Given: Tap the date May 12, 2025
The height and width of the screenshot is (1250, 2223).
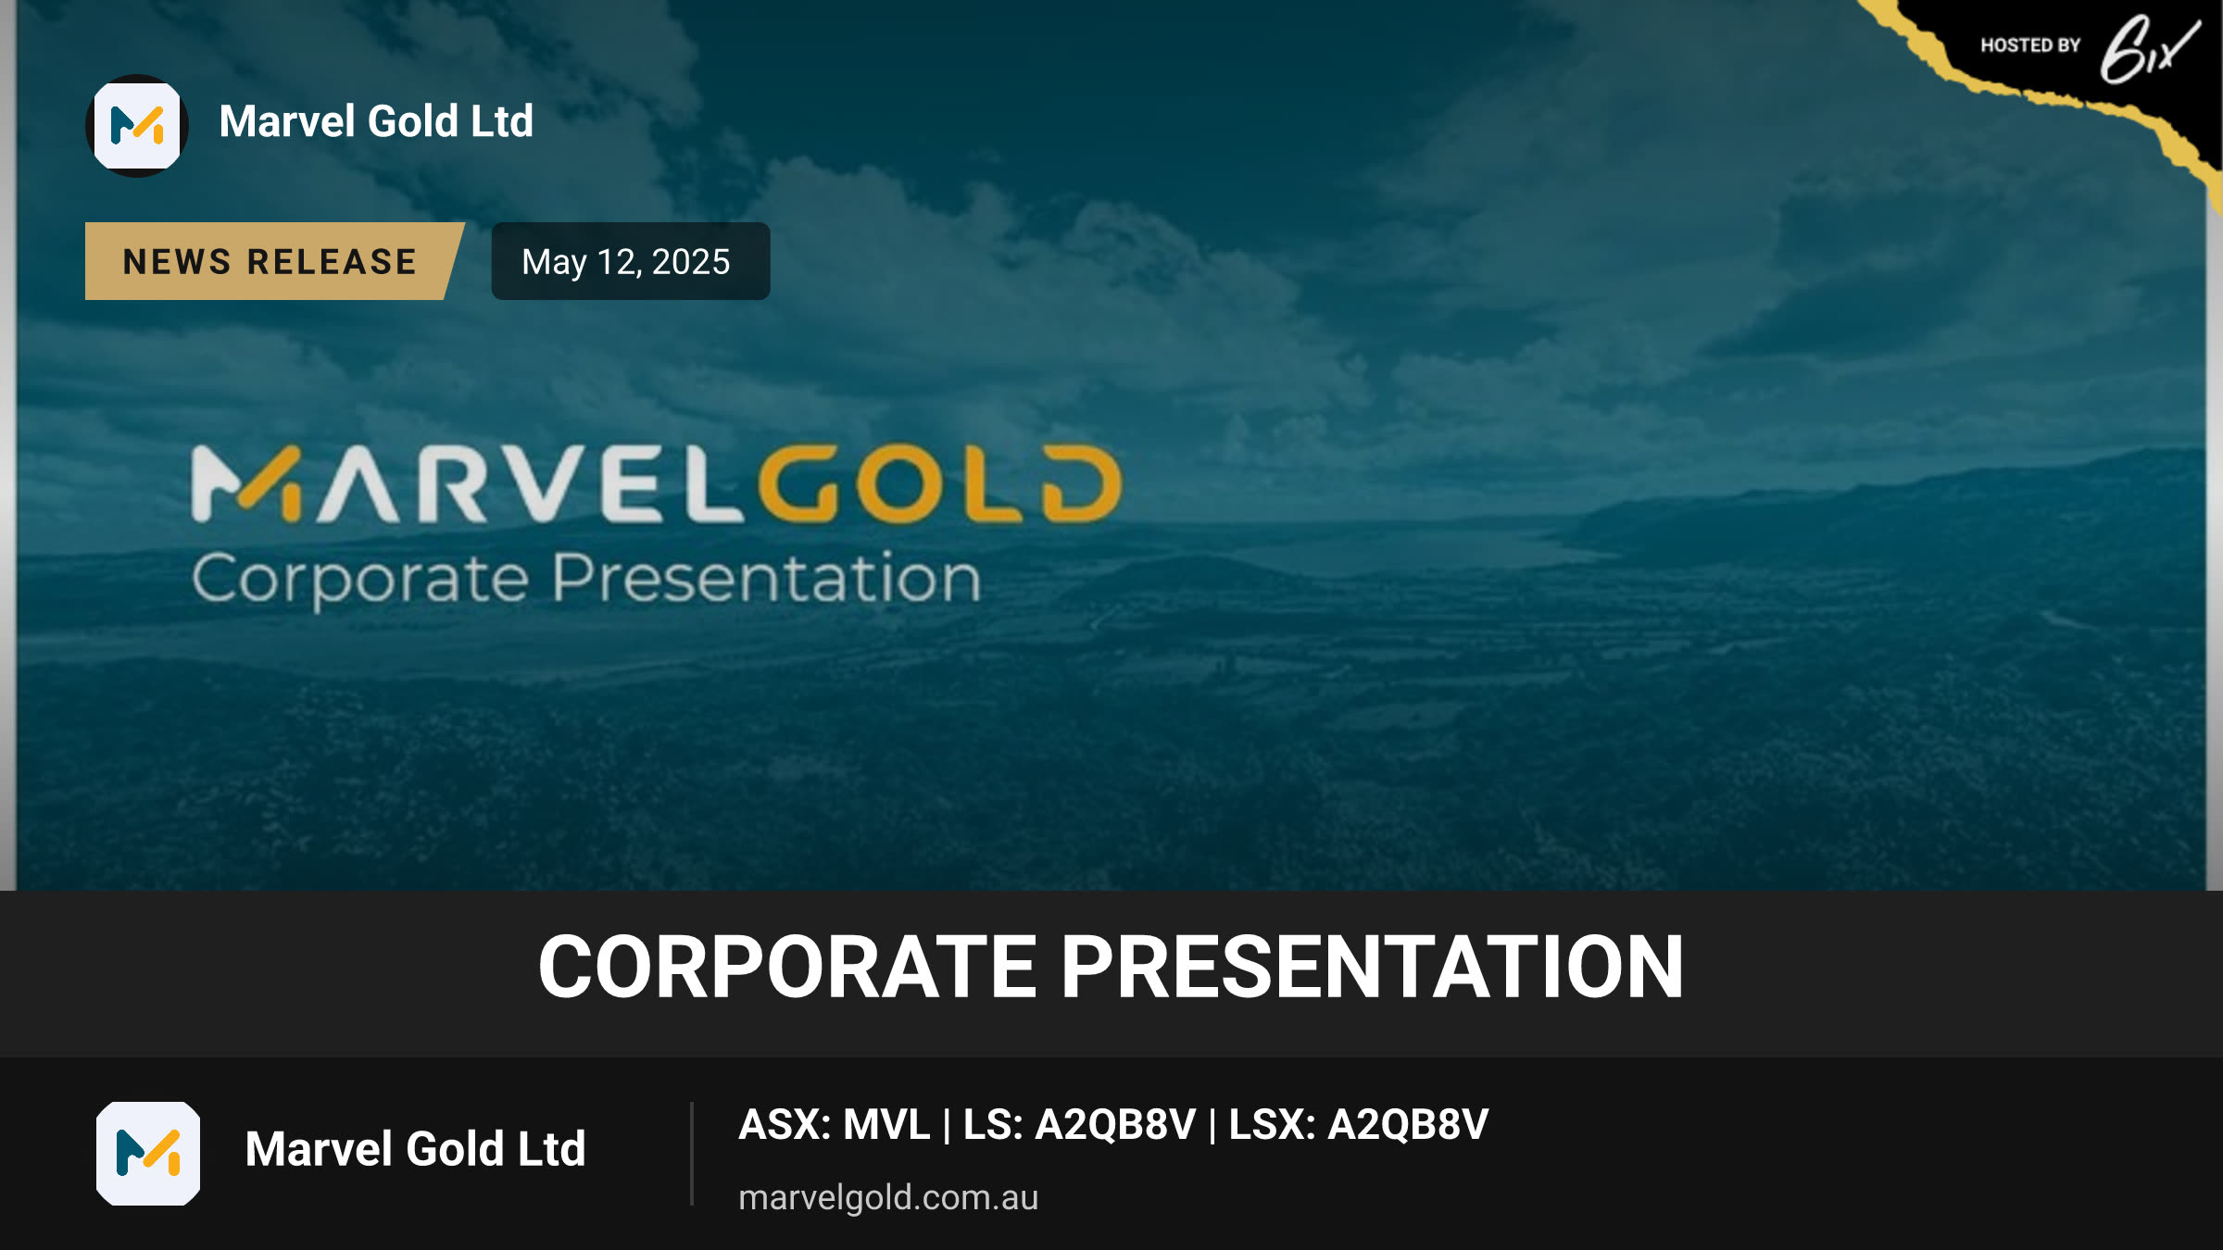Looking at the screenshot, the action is coord(626,262).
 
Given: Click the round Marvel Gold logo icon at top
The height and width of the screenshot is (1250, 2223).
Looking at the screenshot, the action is coord(137,126).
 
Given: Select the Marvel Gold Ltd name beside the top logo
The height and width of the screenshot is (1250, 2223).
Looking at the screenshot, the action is coord(376,121).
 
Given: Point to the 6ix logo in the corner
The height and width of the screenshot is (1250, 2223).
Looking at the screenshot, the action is coord(2149,48).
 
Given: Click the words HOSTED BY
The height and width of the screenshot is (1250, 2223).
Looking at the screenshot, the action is coord(2030,45).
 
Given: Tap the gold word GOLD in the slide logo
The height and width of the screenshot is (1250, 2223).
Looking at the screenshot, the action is coord(940,483).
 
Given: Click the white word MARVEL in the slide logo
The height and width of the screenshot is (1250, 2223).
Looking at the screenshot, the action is coord(468,483).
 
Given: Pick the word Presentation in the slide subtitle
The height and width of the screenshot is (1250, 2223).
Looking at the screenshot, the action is coord(767,578).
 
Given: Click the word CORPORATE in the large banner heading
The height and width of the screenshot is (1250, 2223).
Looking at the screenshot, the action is coord(788,967).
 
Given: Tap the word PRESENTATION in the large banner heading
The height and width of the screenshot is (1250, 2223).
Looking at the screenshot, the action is coord(1372,967).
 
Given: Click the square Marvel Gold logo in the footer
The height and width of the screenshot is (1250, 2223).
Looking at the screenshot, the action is coord(148,1154).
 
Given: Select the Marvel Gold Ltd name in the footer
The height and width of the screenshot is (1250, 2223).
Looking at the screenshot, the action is coord(415,1149).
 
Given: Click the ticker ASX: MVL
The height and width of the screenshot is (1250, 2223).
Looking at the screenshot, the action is coord(834,1125).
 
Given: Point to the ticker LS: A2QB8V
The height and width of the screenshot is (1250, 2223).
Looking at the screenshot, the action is coord(1079,1125).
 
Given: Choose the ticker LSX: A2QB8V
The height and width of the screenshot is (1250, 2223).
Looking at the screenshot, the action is coord(1359,1125).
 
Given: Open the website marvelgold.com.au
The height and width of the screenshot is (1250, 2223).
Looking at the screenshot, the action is coord(888,1197).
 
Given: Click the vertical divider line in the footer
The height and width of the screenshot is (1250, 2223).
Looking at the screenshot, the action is coord(692,1154).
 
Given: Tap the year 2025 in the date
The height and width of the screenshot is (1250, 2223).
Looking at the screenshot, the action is coord(691,262).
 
